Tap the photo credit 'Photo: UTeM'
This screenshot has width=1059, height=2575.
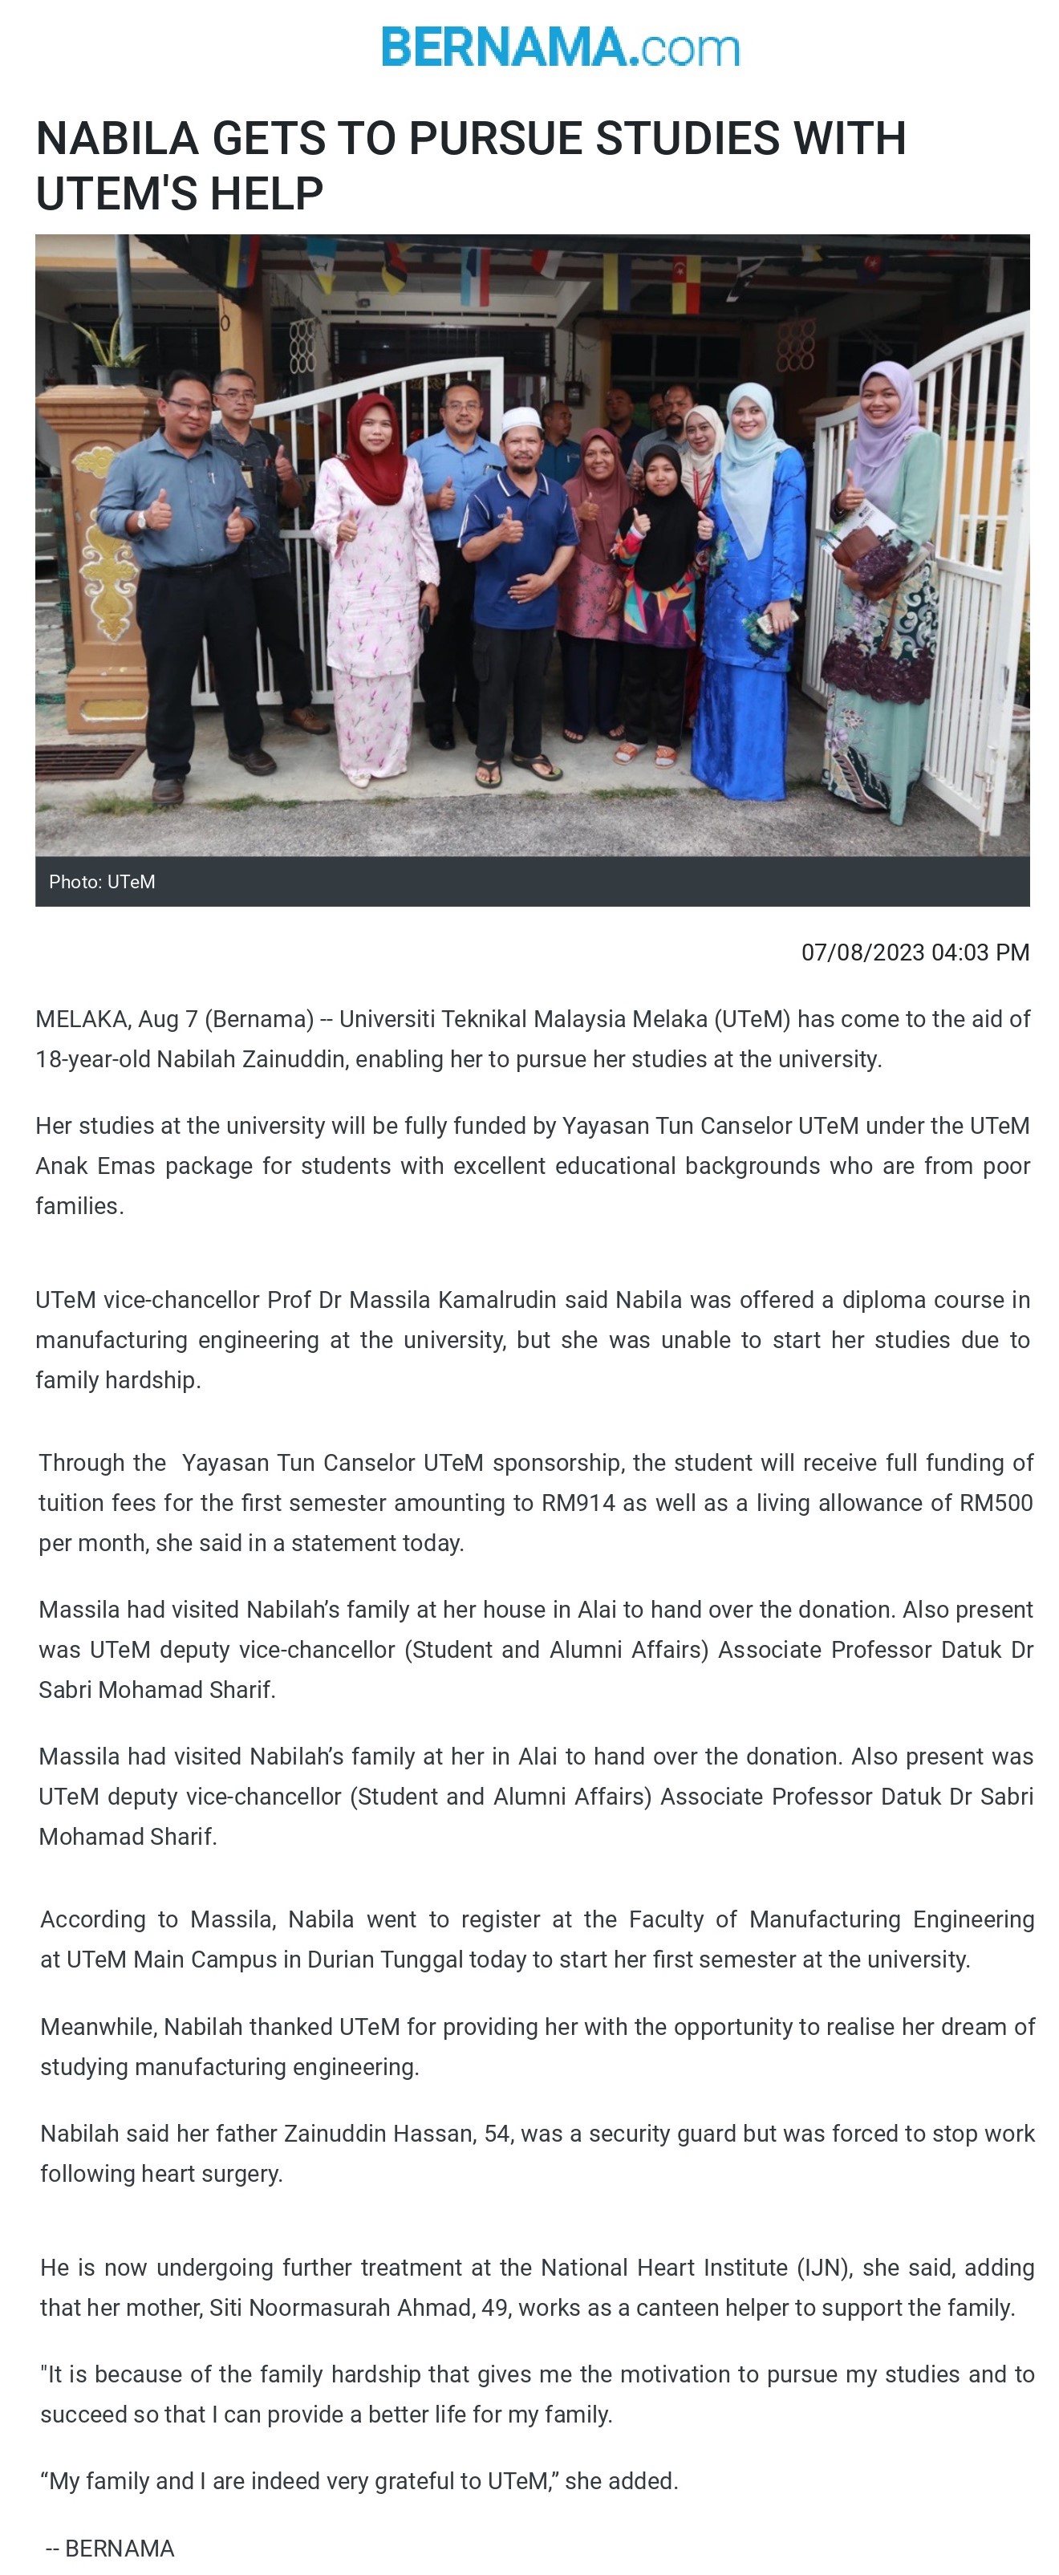(102, 882)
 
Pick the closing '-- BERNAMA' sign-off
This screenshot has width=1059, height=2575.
(110, 2547)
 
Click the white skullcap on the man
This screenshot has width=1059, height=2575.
(520, 418)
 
